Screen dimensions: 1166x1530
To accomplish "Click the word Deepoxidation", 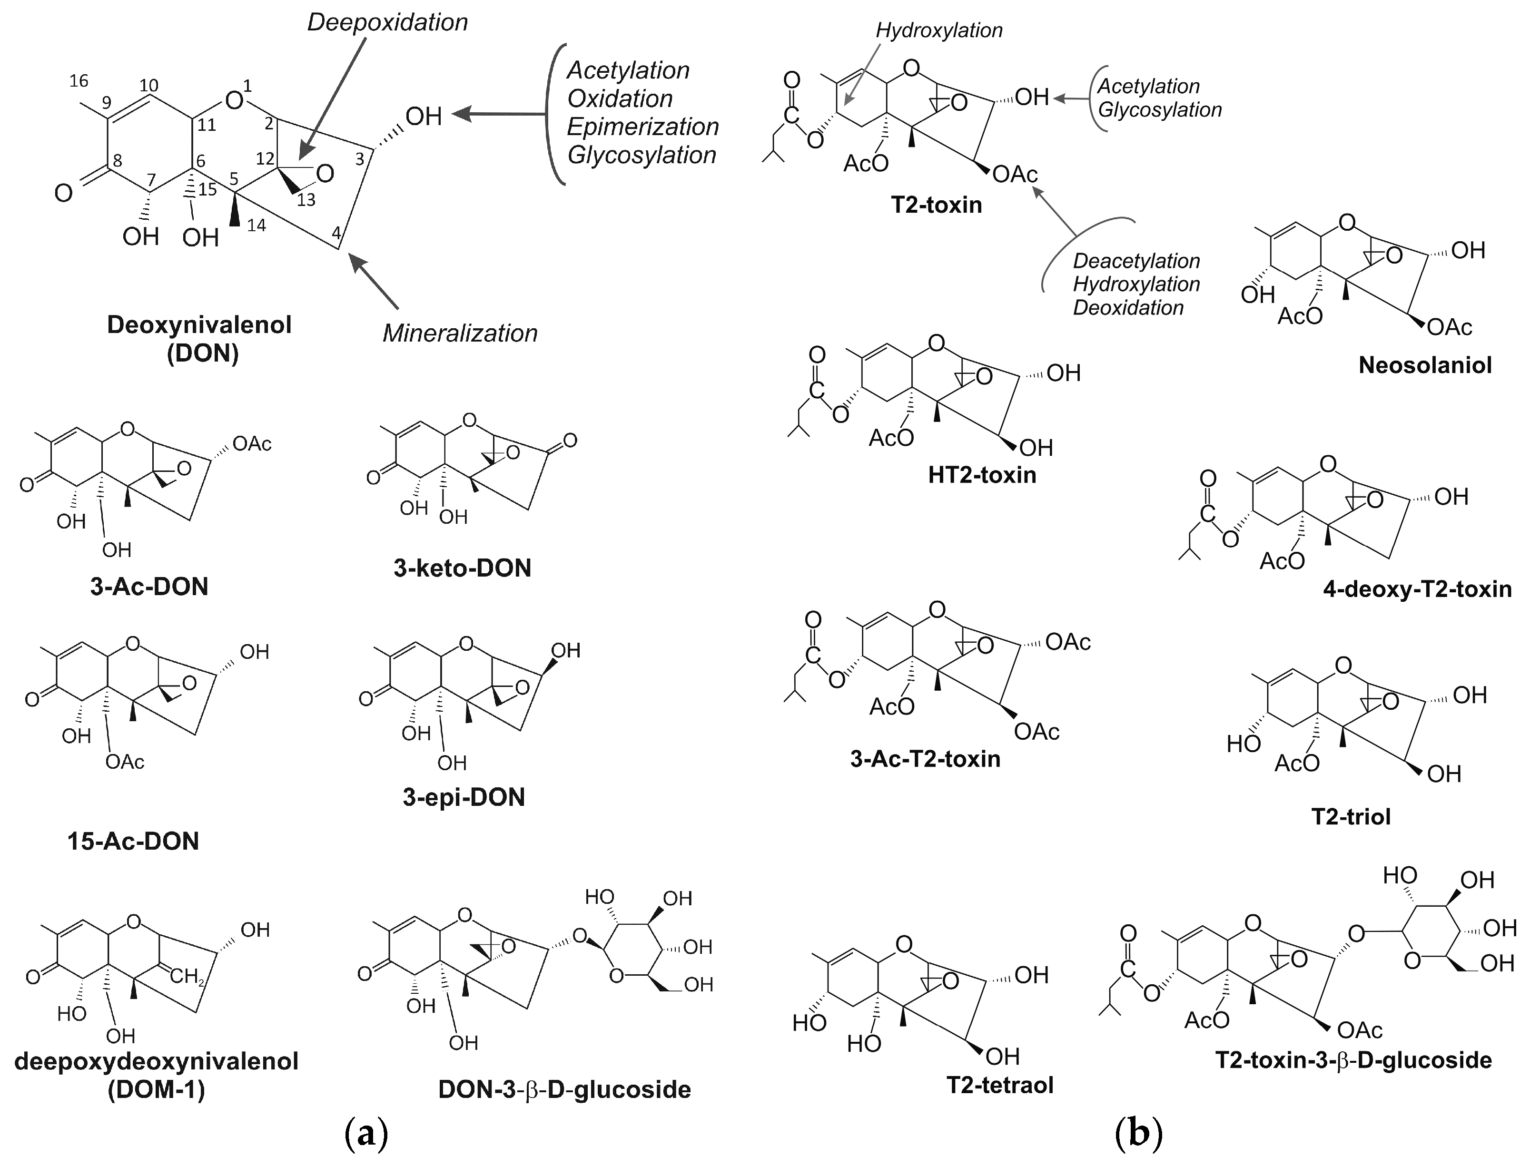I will coord(387,22).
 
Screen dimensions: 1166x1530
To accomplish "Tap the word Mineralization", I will coord(460,334).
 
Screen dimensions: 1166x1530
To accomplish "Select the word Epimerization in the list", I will coord(643,127).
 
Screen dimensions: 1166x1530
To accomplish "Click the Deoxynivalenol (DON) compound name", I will coord(199,339).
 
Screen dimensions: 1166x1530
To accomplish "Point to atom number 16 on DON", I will coord(79,81).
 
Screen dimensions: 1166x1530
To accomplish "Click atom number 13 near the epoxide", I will coord(306,200).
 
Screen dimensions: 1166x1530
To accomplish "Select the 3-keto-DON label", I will coord(463,568).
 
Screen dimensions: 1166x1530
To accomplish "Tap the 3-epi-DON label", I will coord(464,797).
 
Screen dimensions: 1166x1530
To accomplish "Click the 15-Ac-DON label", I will coord(133,841).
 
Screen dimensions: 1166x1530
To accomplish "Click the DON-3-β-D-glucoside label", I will coord(564,1090).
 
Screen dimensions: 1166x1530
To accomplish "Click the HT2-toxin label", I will coord(982,475).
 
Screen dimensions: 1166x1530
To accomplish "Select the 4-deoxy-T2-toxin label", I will coord(1417,589).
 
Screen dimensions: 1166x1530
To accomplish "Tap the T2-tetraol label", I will coord(1000,1085).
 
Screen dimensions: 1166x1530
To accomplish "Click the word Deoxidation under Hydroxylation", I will coord(1128,307).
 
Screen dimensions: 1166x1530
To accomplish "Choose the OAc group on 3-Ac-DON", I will coord(251,443).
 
